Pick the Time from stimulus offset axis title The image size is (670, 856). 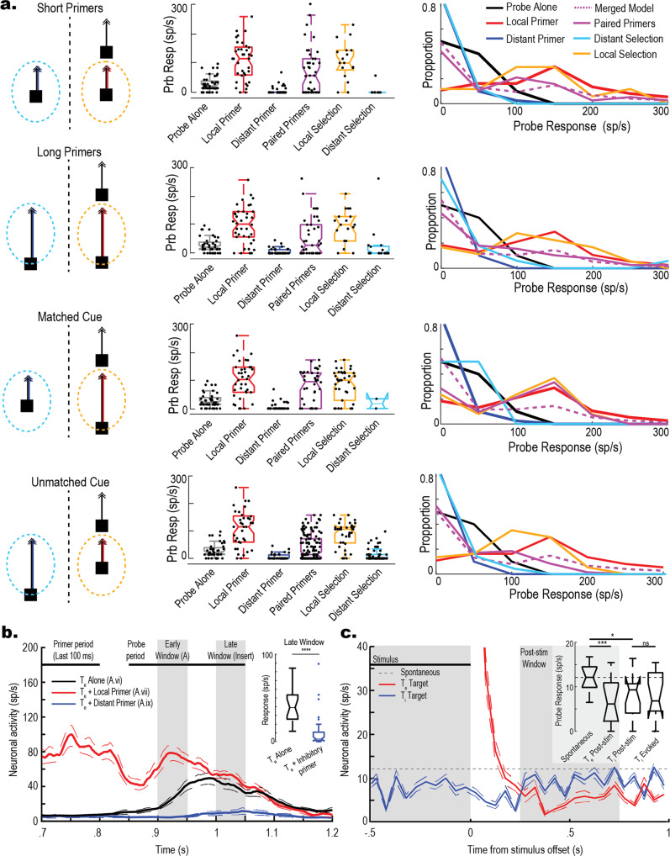(x=505, y=847)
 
